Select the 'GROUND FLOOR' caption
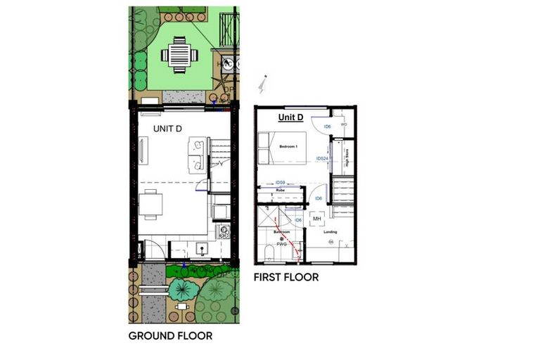pos(170,335)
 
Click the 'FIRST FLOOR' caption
pos(285,277)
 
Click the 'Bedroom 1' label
pos(289,146)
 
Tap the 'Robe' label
pos(280,190)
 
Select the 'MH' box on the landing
pos(316,219)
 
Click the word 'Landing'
pos(330,232)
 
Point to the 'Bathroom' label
pos(282,232)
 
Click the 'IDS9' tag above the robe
pos(280,182)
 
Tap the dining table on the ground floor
pos(151,205)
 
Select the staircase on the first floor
pos(343,193)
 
